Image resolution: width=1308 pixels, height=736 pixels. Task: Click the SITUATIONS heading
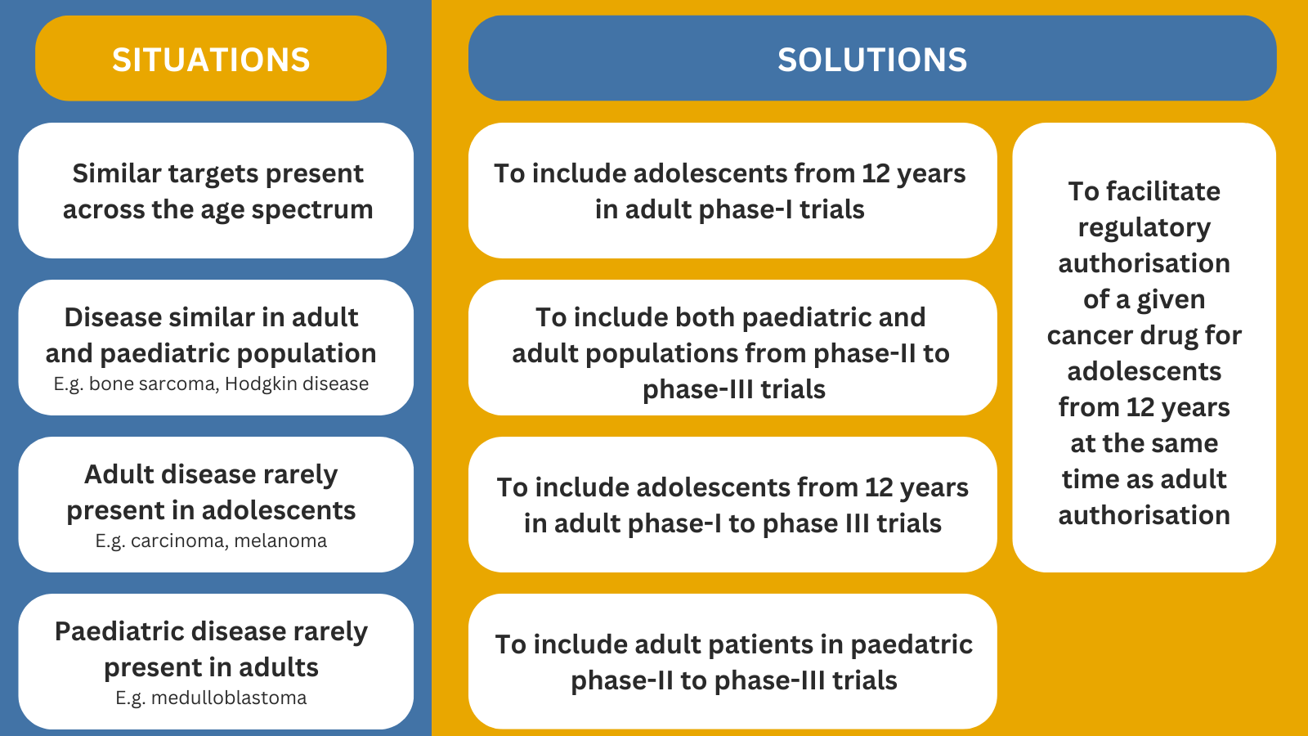211,60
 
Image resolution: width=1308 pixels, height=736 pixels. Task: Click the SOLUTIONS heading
872,60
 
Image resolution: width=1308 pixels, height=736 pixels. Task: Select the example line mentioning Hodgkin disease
211,384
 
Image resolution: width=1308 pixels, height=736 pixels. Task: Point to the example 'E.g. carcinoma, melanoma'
211,541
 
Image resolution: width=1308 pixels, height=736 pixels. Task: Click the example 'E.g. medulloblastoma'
211,698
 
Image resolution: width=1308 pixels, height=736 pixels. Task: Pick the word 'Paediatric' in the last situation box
119,631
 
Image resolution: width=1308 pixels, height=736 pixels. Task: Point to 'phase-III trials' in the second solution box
734,389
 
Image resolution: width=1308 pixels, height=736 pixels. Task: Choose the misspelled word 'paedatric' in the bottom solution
912,645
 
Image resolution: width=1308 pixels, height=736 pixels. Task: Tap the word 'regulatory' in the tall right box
1144,228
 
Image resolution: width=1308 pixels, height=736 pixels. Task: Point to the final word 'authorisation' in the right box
1144,515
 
